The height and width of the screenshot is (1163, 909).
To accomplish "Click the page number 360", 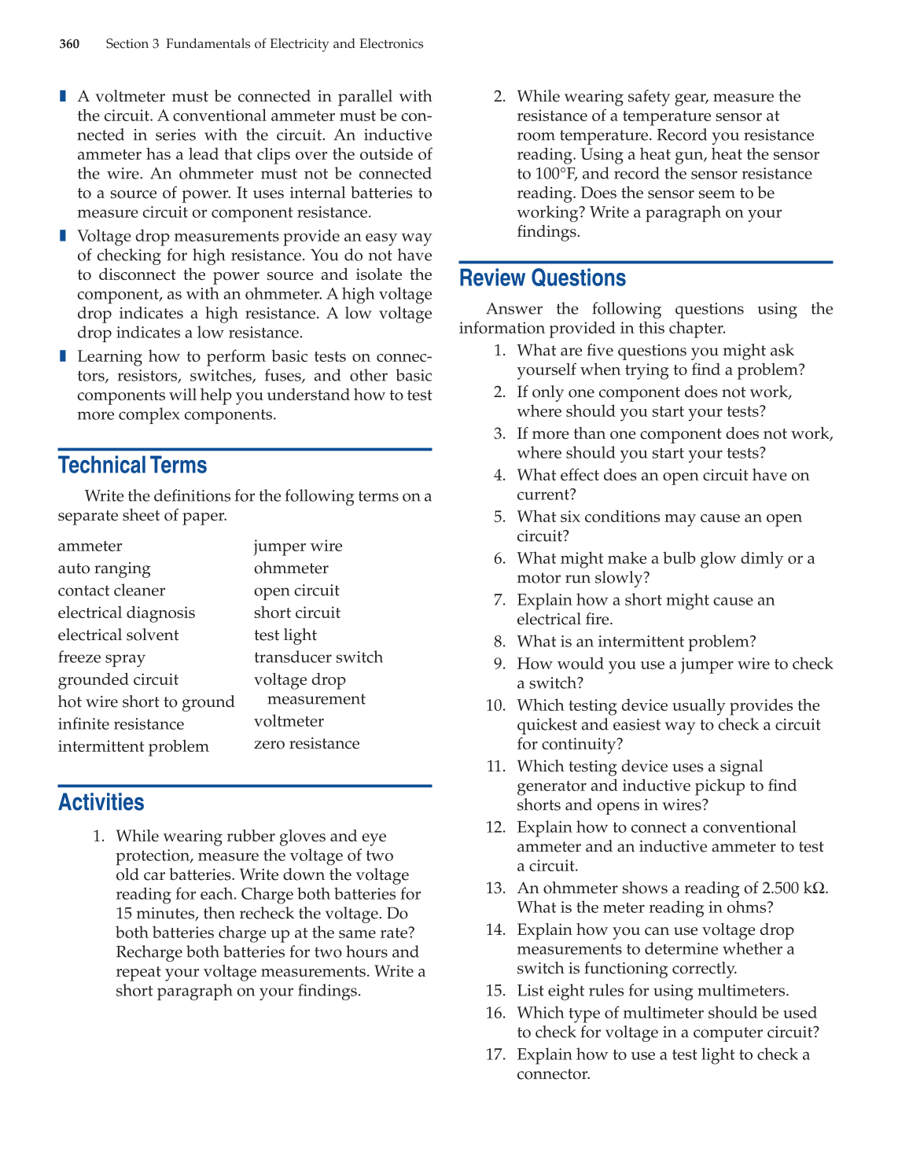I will (x=69, y=44).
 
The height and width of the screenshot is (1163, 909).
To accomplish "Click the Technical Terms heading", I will (x=132, y=466).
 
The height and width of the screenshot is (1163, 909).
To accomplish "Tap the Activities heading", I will (x=101, y=802).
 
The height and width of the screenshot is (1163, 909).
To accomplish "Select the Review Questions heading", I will (x=543, y=278).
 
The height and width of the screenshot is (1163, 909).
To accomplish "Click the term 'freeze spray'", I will (x=101, y=657).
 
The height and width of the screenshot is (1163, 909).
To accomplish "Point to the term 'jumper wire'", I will (x=298, y=546).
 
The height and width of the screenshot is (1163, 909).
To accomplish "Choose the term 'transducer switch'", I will (x=318, y=657).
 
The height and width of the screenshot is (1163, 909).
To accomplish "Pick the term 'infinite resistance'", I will (x=121, y=724).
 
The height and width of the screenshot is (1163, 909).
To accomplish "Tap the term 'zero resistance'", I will (x=307, y=744).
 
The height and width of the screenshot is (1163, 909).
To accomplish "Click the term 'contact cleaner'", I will (x=112, y=591).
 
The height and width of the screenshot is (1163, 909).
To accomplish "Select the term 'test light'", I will (x=285, y=635).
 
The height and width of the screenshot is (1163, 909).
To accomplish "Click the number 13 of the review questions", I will (x=495, y=889).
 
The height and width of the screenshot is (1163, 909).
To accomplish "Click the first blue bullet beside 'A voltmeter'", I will (x=63, y=96).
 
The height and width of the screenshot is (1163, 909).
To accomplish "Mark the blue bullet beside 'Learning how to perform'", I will (x=63, y=356).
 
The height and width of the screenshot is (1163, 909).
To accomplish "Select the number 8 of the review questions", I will (x=499, y=642).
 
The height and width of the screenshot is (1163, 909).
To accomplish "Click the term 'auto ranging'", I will (x=104, y=569).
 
